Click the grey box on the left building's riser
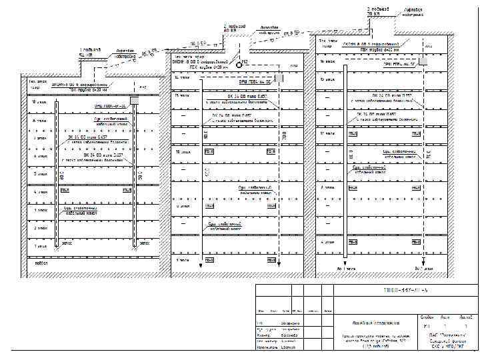pyautogui.click(x=134, y=100)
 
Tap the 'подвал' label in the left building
pyautogui.click(x=41, y=262)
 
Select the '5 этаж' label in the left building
pyautogui.click(x=41, y=174)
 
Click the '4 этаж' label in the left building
pyautogui.click(x=41, y=192)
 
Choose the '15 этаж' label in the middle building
pyautogui.click(x=182, y=95)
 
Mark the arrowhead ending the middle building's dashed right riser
pyautogui.click(x=280, y=265)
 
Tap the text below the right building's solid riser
pyautogui.click(x=345, y=267)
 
